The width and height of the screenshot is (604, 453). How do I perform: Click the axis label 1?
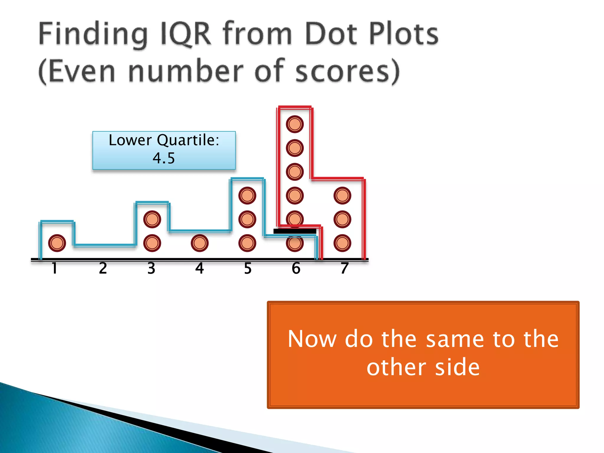pos(54,268)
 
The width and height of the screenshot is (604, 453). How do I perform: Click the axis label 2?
pos(103,268)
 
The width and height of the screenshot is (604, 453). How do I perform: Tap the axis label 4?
pos(200,268)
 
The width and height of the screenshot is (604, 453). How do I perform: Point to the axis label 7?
pos(344,268)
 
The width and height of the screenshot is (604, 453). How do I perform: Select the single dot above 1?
pos(57,243)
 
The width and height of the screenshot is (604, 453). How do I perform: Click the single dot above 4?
pos(200,243)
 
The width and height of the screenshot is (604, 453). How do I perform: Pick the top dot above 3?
pos(152,219)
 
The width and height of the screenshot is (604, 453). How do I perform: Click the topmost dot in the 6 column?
pos(295,124)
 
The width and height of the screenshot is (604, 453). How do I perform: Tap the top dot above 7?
pos(342,196)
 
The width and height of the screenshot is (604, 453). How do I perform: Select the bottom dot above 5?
pos(247,243)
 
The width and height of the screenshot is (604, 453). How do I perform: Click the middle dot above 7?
pos(342,219)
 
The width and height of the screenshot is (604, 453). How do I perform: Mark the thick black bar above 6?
pos(295,231)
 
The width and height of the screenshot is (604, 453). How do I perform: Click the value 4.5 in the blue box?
pos(164,158)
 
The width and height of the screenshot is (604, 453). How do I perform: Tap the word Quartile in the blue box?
pos(188,140)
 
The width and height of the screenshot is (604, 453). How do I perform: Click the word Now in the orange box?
pos(312,339)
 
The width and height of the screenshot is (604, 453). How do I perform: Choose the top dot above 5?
pos(247,196)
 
